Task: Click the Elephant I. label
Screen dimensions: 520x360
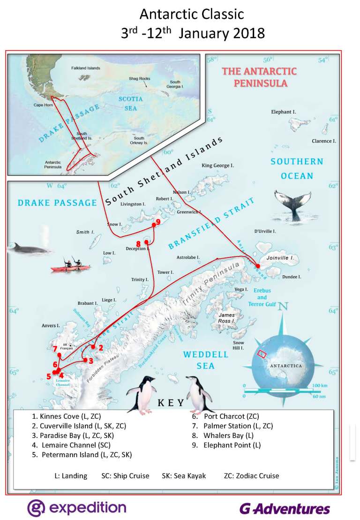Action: [x=284, y=112]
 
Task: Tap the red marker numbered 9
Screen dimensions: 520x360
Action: [x=158, y=222]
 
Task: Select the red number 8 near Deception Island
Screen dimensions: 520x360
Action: [x=138, y=243]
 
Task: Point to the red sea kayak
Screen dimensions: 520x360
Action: [x=71, y=268]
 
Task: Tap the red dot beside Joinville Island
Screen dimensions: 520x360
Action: [x=258, y=265]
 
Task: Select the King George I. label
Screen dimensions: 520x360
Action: [x=217, y=166]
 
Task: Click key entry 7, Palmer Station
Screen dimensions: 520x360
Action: [x=238, y=426]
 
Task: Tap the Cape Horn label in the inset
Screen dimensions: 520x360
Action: [x=42, y=105]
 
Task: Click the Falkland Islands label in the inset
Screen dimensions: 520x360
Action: [x=85, y=68]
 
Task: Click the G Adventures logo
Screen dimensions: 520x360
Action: [x=285, y=509]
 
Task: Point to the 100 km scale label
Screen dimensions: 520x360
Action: [x=320, y=385]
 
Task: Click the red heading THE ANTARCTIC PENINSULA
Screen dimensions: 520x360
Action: [x=259, y=77]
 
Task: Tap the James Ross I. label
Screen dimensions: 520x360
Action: [x=226, y=318]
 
